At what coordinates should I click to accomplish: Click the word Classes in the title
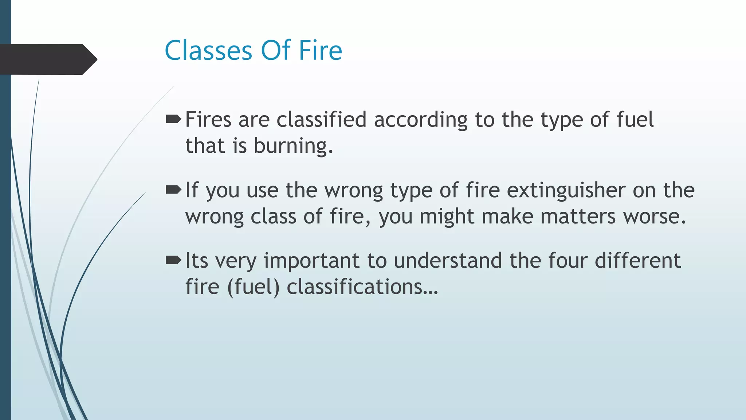tap(208, 50)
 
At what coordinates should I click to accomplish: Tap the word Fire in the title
tap(321, 50)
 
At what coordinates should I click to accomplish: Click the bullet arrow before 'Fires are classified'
tap(173, 119)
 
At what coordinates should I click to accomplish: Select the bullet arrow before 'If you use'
tap(173, 190)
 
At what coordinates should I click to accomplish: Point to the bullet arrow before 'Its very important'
tap(173, 260)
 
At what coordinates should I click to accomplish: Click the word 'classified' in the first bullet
tap(321, 120)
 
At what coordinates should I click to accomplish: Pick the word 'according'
tap(421, 120)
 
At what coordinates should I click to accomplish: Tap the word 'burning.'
tap(293, 146)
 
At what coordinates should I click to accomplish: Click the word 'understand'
tap(448, 261)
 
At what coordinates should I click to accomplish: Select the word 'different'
tap(638, 261)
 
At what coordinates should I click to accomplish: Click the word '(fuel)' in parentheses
tap(253, 287)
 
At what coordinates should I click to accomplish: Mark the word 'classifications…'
tap(362, 287)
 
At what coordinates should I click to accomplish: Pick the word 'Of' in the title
tap(276, 50)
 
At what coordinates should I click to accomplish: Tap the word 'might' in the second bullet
tap(447, 217)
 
